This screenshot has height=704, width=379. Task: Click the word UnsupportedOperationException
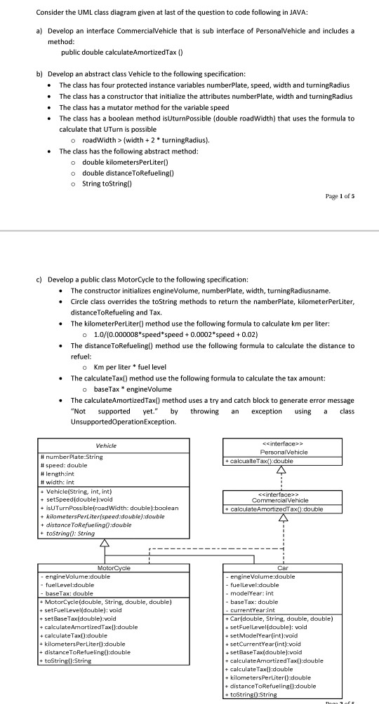(x=124, y=423)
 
